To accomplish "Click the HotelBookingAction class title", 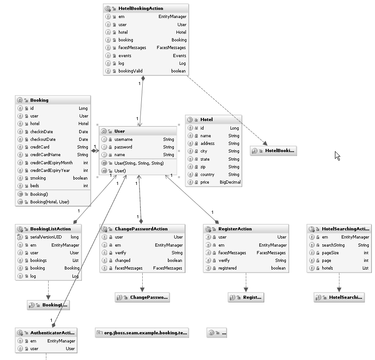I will pyautogui.click(x=140, y=9).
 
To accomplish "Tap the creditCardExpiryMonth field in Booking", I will pyautogui.click(x=51, y=162).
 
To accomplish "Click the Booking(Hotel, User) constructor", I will pyautogui.click(x=50, y=202).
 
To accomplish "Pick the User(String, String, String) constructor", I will pyautogui.click(x=139, y=163).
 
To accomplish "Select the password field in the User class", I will pyautogui.click(x=123, y=147).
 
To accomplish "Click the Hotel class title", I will pyautogui.click(x=207, y=120).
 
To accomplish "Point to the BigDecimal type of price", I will pyautogui.click(x=230, y=182).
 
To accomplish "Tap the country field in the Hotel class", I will pyautogui.click(x=208, y=175).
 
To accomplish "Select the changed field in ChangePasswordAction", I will pyautogui.click(x=122, y=260).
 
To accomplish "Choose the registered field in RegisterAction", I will pyautogui.click(x=228, y=268).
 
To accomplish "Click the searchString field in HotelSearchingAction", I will pyautogui.click(x=333, y=245).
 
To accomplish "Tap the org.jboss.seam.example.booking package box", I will pyautogui.click(x=142, y=333).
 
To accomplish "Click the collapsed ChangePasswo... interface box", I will pyautogui.click(x=142, y=297).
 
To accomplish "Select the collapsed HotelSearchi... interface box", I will pyautogui.click(x=339, y=297).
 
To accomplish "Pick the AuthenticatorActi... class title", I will pyautogui.click(x=52, y=333).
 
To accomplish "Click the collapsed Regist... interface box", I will pyautogui.click(x=246, y=297).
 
